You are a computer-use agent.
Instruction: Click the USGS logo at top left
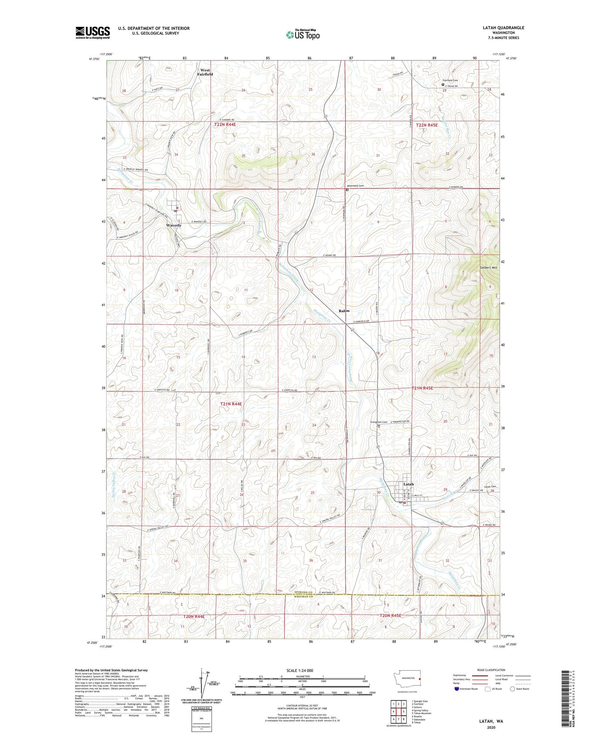click(93, 32)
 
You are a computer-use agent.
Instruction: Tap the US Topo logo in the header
click(302, 35)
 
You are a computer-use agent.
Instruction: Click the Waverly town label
click(174, 225)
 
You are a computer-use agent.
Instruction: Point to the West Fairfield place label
click(205, 72)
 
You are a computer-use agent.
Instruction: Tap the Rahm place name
click(344, 311)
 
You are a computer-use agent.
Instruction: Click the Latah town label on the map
click(408, 484)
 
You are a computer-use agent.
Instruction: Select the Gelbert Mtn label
click(488, 268)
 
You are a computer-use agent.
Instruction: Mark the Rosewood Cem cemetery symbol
click(347, 190)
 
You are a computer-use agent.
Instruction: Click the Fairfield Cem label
click(450, 80)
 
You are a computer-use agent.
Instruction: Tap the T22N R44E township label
click(225, 125)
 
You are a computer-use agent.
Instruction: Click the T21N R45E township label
click(422, 388)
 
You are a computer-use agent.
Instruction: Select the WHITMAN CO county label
click(304, 597)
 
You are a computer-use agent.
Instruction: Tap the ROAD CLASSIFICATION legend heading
click(491, 670)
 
